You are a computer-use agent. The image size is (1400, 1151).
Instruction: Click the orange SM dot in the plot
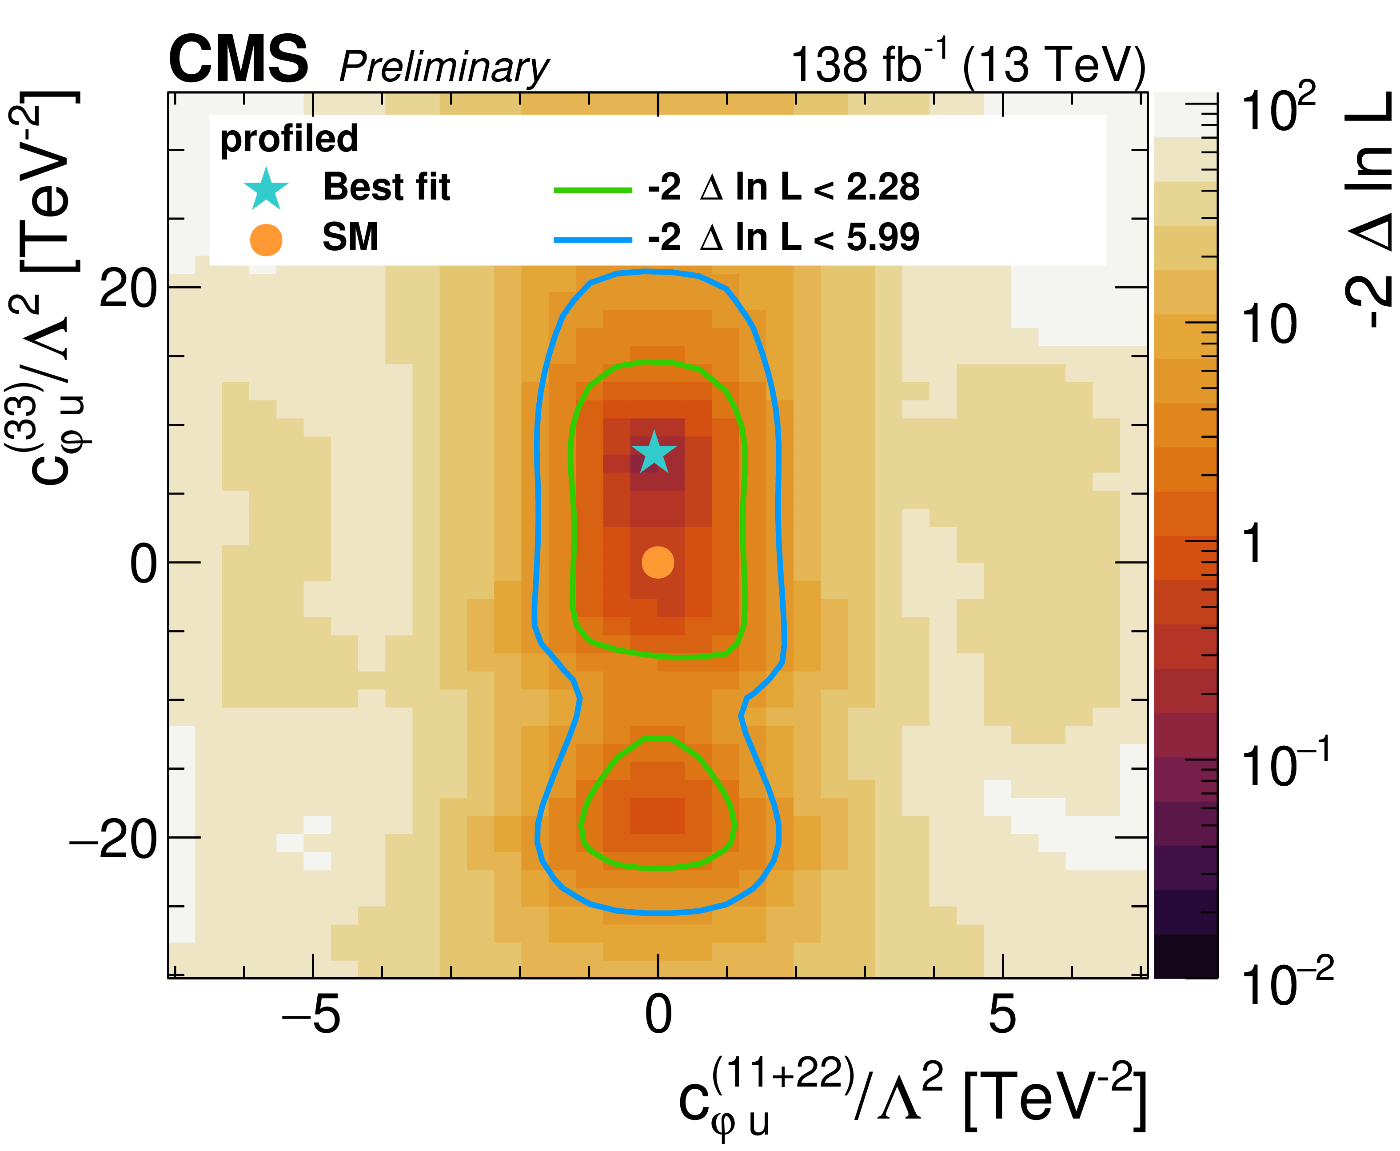658,562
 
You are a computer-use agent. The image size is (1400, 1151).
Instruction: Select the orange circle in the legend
266,240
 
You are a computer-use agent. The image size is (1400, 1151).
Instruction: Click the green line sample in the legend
593,190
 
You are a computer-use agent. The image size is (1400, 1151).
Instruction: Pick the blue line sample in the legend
593,240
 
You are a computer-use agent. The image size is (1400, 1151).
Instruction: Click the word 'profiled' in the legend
289,139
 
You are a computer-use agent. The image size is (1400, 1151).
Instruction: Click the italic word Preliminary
444,67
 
